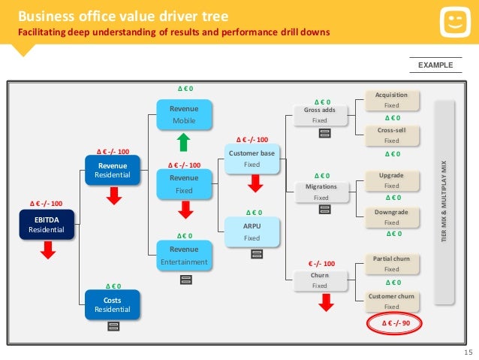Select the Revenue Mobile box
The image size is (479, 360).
pos(183,114)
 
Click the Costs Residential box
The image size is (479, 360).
pos(112,304)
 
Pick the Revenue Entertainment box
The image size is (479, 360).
pos(183,255)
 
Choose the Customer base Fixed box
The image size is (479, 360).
pos(251,159)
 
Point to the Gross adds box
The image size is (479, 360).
pos(320,115)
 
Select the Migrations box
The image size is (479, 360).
pos(321,192)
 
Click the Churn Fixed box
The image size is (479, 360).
pos(320,280)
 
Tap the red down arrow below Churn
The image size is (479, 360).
pos(325,302)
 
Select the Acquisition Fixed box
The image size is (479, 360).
pos(391,100)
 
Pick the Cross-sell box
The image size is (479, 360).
pos(391,135)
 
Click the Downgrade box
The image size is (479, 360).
pos(391,217)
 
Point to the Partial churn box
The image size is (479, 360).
pos(391,263)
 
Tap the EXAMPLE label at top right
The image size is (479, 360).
pos(435,65)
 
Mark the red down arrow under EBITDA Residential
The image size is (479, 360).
pos(48,250)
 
